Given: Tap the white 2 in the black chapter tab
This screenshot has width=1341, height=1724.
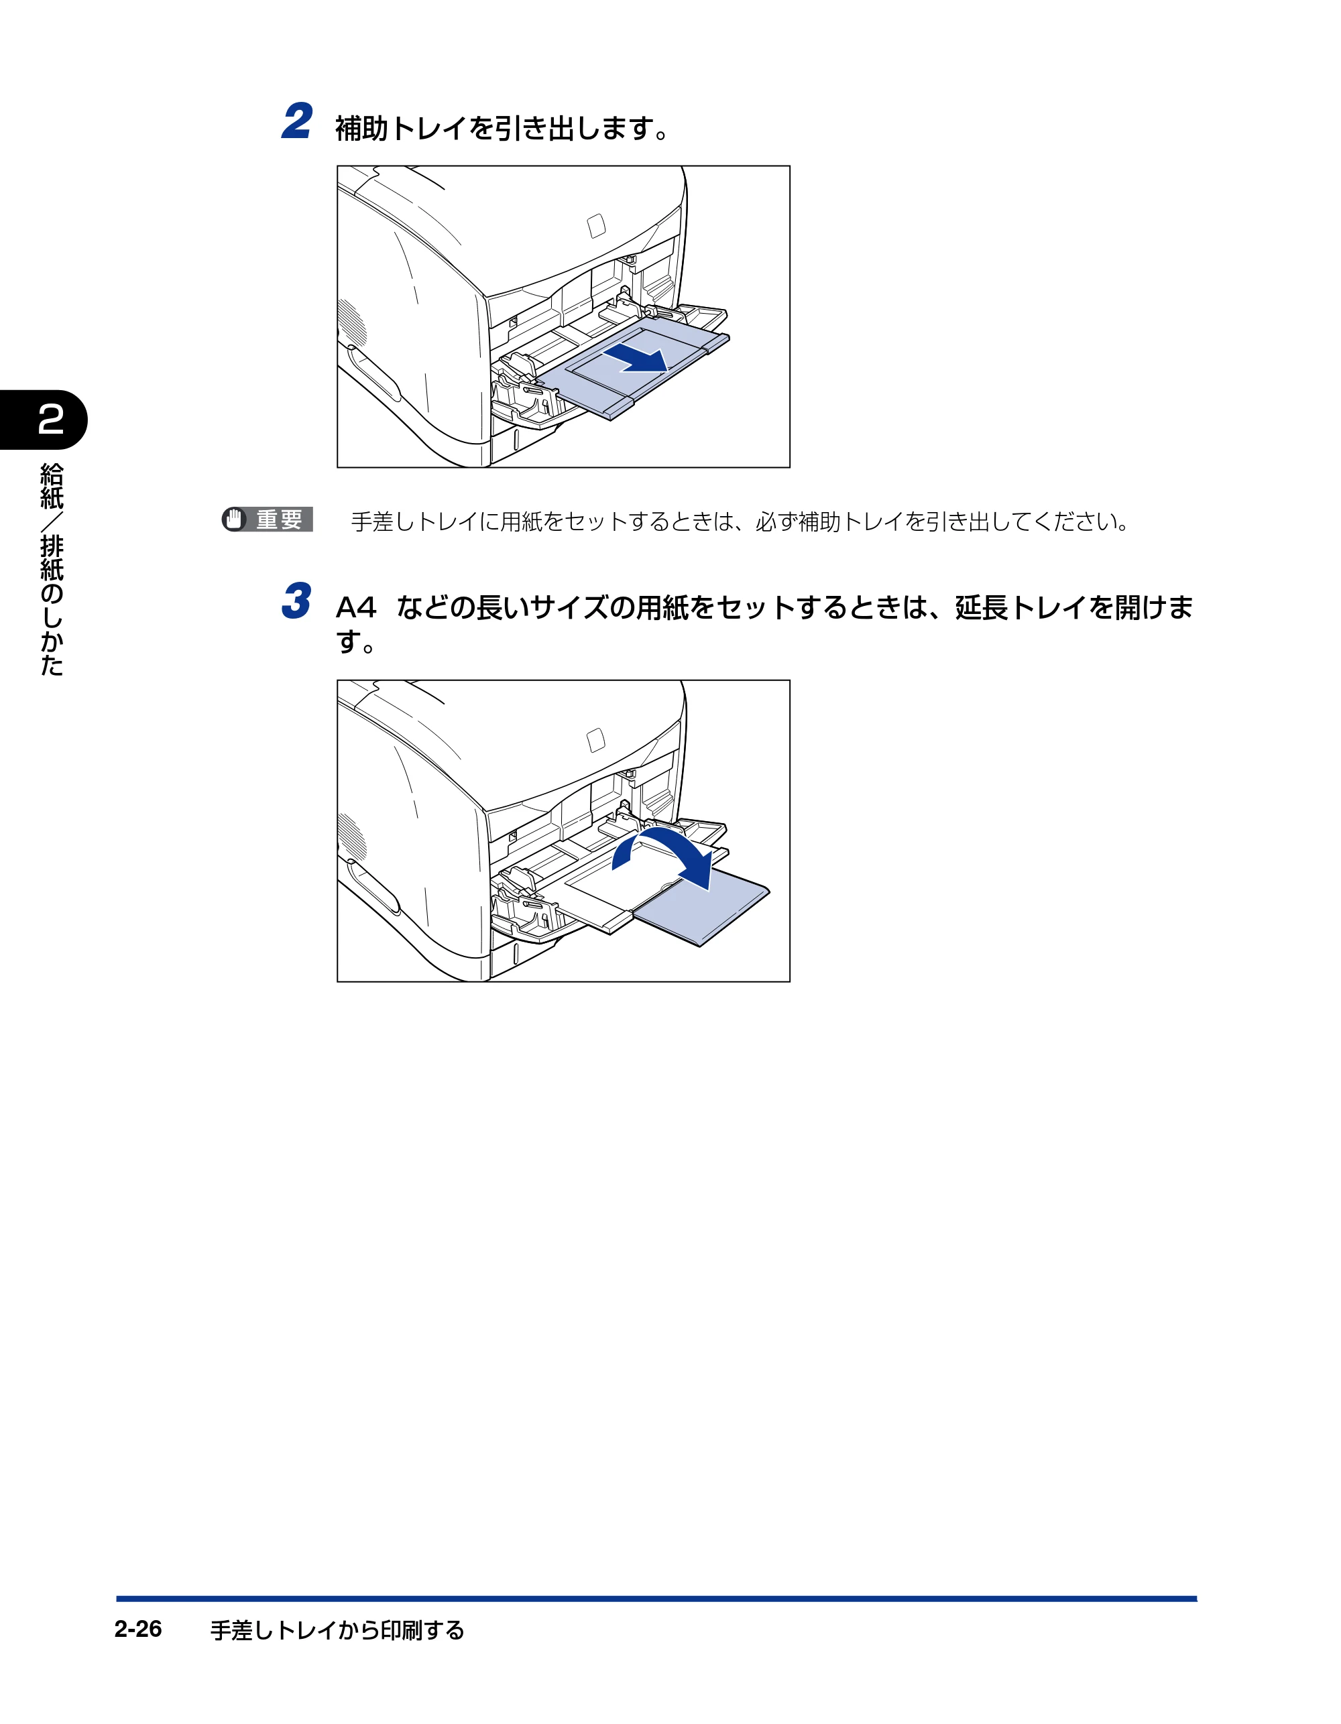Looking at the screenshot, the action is (50, 419).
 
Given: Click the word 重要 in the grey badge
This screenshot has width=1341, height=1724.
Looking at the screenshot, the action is (279, 519).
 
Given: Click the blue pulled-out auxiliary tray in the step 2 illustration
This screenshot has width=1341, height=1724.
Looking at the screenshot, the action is (632, 368).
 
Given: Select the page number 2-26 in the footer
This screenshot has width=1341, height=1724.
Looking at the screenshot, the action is (137, 1629).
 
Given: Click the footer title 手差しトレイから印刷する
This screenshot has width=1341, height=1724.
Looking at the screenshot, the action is (337, 1630).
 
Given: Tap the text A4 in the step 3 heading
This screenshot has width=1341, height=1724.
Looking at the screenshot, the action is (356, 607).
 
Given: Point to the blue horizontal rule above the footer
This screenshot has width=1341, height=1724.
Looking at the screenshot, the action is (656, 1599).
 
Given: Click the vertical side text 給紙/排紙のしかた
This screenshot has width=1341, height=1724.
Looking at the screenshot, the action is (52, 569).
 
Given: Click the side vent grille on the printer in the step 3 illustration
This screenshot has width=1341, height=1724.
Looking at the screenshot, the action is (352, 837).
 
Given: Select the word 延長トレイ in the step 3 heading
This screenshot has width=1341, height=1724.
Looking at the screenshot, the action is (1021, 607).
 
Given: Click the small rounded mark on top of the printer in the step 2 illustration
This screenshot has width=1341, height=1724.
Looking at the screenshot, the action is (596, 226).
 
